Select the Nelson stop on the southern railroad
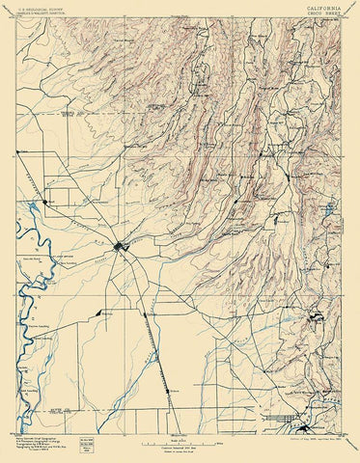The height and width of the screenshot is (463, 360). click(170, 380)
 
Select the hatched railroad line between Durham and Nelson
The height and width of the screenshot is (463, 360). click(157, 347)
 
